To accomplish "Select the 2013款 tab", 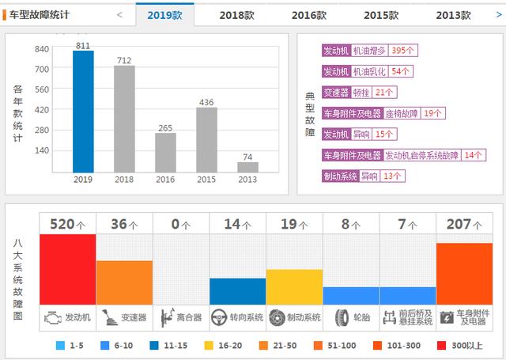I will coord(453,14).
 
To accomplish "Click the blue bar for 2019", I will coord(83,112).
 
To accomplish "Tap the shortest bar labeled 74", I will coord(247,166).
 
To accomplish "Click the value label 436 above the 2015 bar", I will coord(206,102).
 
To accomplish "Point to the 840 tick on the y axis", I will coord(42,49).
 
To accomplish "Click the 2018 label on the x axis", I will coord(124,180).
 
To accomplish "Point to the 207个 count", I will coord(464,225).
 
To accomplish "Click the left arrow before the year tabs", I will coord(119,14).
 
